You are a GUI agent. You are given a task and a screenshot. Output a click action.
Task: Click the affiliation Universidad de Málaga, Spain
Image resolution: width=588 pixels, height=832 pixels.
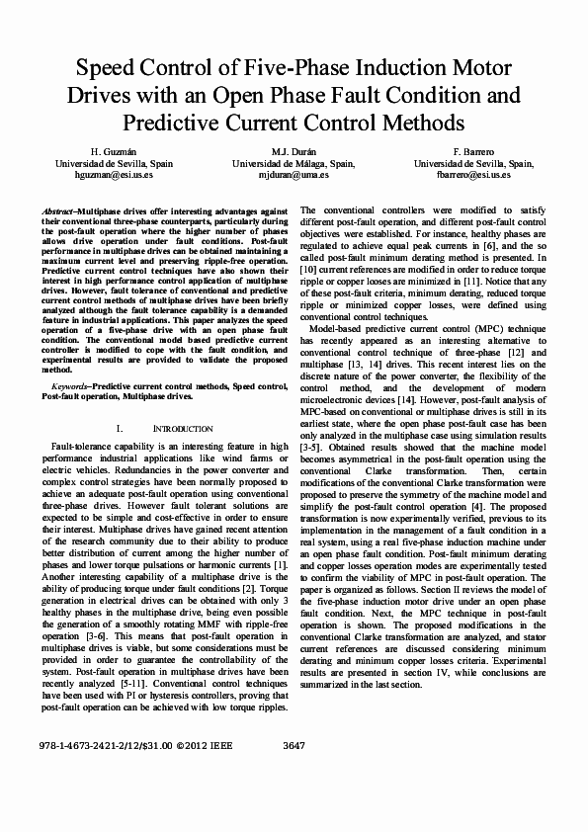(x=294, y=162)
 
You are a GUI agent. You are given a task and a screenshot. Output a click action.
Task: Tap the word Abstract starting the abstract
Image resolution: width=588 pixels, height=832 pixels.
(x=58, y=212)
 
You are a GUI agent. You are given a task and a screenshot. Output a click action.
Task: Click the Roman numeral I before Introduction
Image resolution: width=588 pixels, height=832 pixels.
(x=147, y=429)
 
